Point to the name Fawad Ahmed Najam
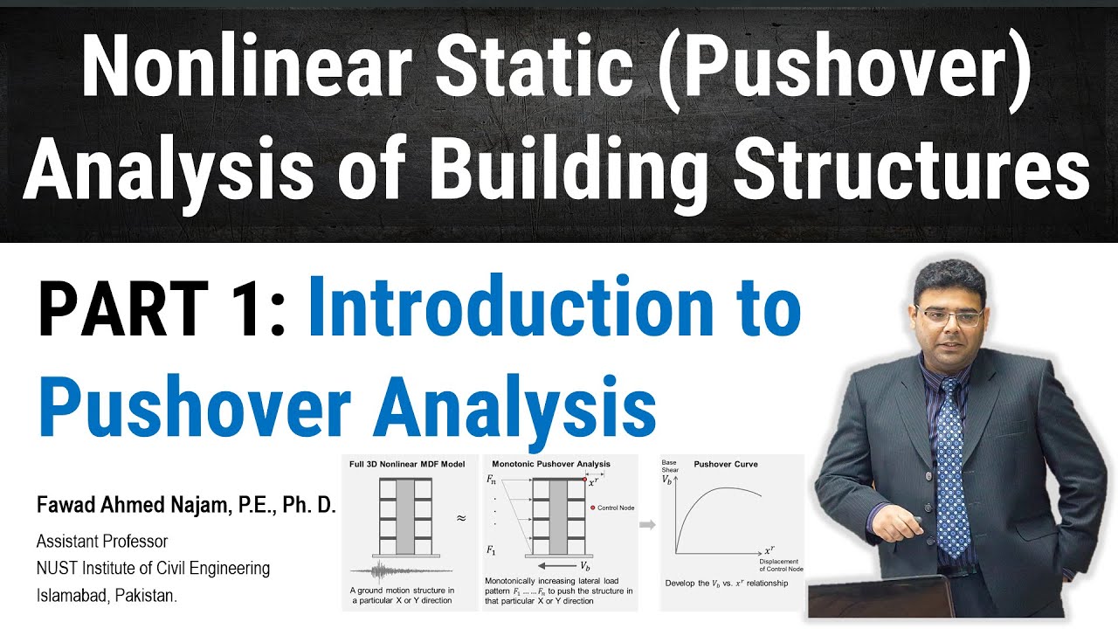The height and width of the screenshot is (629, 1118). click(x=186, y=506)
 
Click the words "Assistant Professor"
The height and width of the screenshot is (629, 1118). click(x=102, y=542)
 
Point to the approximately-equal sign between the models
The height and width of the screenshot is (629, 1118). click(x=461, y=517)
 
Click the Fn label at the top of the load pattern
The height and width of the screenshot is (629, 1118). click(x=493, y=480)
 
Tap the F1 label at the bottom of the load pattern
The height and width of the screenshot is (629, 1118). click(x=493, y=550)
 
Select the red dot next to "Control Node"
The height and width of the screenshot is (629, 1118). click(x=592, y=507)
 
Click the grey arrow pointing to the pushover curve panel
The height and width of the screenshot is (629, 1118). click(x=648, y=525)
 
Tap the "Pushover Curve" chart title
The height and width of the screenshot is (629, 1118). click(x=726, y=464)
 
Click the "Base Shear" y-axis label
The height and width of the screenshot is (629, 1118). click(x=670, y=466)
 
